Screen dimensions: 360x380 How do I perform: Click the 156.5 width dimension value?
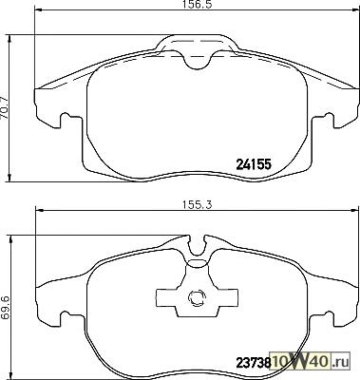click(x=197, y=4)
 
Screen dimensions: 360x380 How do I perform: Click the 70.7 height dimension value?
click(x=4, y=107)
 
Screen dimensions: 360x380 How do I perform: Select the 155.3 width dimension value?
click(x=197, y=204)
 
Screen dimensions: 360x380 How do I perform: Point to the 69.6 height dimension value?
click(x=6, y=308)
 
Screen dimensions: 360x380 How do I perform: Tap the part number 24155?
click(x=254, y=164)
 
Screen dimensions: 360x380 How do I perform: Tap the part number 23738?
click(x=254, y=362)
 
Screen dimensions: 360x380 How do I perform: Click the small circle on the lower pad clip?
click(x=197, y=298)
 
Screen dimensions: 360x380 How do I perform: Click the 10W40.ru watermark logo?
click(x=311, y=361)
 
